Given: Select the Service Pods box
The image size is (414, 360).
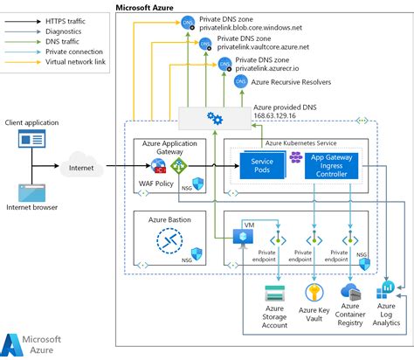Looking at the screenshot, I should click(263, 164).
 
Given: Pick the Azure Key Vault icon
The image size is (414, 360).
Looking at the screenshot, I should click(312, 292).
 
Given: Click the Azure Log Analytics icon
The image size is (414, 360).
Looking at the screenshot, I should click(386, 293).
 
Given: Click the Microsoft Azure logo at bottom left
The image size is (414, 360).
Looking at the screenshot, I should click(35, 343).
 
